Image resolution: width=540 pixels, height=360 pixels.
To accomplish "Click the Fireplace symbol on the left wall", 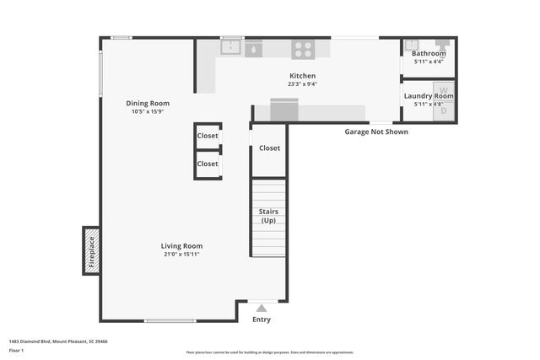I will click(x=91, y=250).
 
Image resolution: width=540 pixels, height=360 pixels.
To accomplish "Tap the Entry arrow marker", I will click(x=262, y=308).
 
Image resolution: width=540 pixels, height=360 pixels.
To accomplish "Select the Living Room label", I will click(x=182, y=245).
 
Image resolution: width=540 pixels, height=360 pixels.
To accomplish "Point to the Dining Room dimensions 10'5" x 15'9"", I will click(x=148, y=112).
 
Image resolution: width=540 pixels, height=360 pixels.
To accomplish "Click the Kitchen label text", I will click(x=302, y=75).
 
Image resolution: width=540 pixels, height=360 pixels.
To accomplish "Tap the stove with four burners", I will click(x=303, y=50).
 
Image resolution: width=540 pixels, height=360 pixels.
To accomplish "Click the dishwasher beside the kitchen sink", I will click(x=254, y=50).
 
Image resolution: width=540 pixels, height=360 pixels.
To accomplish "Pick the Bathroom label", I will click(x=429, y=53).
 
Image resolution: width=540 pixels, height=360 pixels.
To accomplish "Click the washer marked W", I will click(x=444, y=89).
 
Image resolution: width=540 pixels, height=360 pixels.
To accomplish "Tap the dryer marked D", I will click(x=444, y=109).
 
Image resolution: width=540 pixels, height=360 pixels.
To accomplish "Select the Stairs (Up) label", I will click(x=268, y=216).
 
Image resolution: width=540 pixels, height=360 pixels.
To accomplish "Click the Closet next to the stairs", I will click(x=269, y=148).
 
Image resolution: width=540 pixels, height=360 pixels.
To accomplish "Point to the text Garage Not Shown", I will click(x=375, y=132).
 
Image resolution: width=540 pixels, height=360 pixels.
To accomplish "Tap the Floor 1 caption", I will click(x=16, y=350).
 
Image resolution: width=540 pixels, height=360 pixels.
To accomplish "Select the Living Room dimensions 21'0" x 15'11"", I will click(x=182, y=254).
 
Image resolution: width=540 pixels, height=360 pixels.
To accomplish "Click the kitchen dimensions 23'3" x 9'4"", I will click(x=302, y=83).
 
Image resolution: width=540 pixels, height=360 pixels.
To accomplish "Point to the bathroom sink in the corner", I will click(x=411, y=46).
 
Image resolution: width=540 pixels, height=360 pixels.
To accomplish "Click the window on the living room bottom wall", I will click(x=170, y=320).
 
